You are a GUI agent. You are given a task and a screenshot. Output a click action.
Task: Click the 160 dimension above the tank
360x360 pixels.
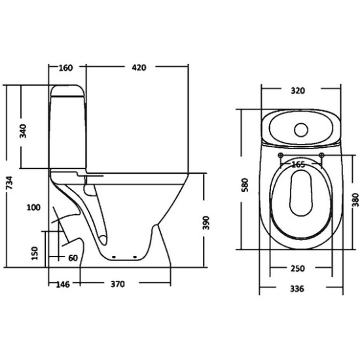coord(65,68)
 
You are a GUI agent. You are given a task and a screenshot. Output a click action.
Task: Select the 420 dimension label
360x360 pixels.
coord(139,67)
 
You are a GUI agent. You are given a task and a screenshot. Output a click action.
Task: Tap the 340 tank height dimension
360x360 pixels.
coord(23,131)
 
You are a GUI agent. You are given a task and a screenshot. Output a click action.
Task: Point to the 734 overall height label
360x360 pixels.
coord(9,183)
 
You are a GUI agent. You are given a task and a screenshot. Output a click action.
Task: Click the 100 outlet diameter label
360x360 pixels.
coord(34,207)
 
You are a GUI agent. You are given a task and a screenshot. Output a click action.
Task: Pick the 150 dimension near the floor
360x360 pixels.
coord(35,253)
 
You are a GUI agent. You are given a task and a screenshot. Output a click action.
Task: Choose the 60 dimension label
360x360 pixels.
coord(73,258)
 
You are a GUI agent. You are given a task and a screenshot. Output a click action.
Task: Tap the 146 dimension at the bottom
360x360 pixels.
coord(63,285)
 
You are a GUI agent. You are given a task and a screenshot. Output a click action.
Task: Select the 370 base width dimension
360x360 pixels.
coord(118,284)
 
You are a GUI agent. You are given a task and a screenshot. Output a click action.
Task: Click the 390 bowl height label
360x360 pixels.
coord(206,223)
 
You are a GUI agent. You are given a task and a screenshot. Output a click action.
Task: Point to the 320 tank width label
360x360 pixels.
coord(298,91)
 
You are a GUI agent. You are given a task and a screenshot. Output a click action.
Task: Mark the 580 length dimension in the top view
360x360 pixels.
coord(245,185)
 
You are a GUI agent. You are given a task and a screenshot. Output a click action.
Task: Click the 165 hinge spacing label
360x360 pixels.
coord(298,164)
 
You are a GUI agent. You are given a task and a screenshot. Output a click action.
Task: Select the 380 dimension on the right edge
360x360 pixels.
coord(355,200)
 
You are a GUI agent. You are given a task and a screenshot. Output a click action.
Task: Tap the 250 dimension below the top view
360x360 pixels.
coord(298,268)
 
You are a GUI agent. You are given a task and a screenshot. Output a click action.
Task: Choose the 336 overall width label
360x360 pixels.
coord(297,289)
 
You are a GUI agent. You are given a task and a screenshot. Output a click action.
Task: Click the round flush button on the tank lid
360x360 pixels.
coord(301,130)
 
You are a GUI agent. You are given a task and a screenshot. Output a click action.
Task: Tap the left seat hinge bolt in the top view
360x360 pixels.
coord(280,155)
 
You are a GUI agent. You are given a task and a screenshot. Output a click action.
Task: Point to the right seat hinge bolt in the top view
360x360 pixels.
coord(322,155)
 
